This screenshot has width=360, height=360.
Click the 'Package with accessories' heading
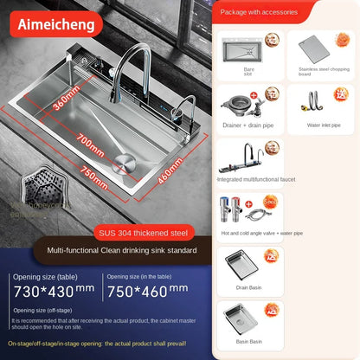260,13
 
